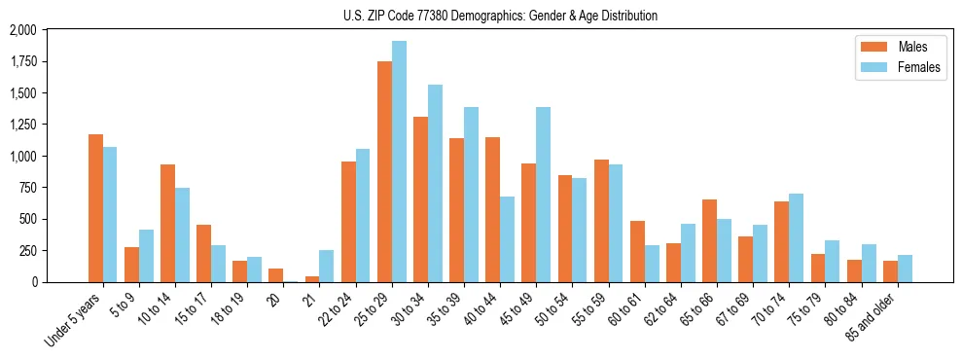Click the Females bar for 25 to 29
tap(399, 162)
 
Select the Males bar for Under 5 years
tap(95, 208)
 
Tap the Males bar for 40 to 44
tap(492, 209)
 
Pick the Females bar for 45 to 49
tap(543, 195)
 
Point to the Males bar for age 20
tap(276, 275)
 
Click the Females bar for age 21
tap(327, 266)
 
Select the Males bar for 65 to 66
tap(709, 240)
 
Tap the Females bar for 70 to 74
tap(796, 237)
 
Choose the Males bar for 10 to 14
tap(168, 223)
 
